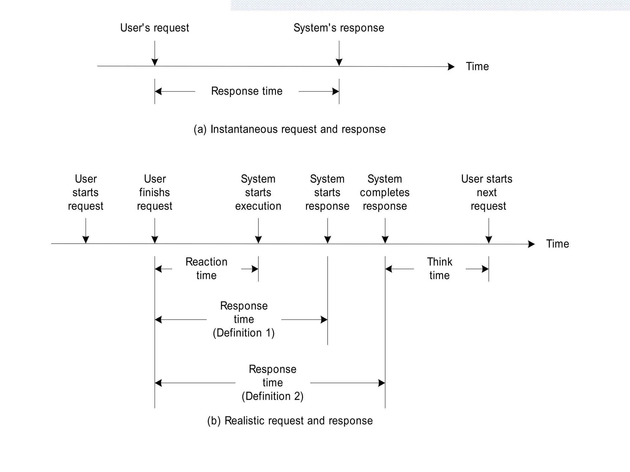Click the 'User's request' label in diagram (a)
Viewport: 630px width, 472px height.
(154, 28)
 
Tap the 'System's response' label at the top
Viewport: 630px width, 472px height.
(339, 28)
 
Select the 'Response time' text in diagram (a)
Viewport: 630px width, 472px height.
(247, 91)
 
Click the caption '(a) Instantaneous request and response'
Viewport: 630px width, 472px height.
(289, 129)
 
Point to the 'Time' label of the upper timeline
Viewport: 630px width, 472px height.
(477, 66)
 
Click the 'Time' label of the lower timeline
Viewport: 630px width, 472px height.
(557, 244)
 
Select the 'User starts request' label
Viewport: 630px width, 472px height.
(86, 192)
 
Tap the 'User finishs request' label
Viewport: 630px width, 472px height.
(154, 192)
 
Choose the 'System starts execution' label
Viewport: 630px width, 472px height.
(258, 192)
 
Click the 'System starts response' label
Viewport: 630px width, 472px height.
(327, 192)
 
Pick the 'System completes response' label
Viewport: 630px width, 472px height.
(385, 192)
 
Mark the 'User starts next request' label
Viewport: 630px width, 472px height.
(487, 192)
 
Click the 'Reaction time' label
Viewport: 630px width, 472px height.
(206, 269)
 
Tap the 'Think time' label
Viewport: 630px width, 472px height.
(440, 269)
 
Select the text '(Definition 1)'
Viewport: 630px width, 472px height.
(244, 333)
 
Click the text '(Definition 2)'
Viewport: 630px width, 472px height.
(273, 396)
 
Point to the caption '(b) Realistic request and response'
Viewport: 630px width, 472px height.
(290, 421)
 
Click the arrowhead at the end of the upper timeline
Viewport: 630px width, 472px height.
(451, 67)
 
